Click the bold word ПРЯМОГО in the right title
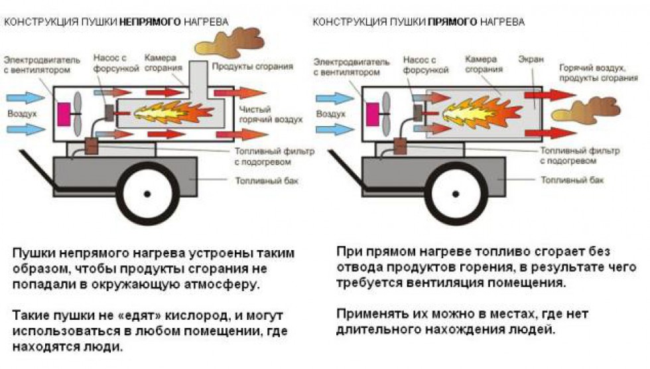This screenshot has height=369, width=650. (x=452, y=22)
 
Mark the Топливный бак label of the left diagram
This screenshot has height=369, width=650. (x=260, y=180)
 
